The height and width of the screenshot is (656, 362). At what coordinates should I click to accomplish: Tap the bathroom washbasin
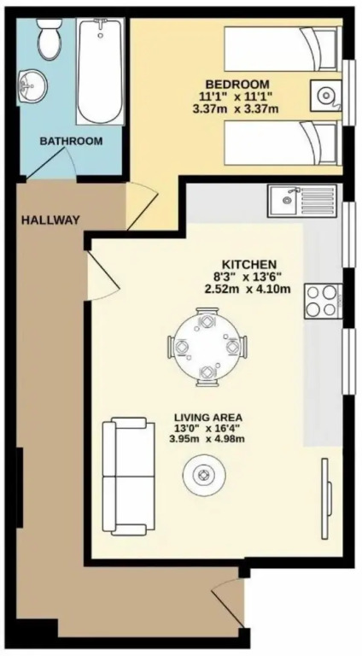33,85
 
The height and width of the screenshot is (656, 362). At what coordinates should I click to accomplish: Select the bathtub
100,71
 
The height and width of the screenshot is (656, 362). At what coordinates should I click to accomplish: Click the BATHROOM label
71,141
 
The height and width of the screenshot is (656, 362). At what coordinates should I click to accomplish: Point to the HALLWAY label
50,220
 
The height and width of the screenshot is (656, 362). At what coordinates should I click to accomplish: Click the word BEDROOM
237,84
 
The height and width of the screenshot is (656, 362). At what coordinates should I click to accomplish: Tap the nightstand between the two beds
326,96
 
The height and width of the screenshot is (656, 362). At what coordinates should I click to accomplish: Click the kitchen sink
302,201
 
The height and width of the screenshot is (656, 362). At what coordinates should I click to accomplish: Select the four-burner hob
324,302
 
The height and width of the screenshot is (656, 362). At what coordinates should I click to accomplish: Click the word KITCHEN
249,265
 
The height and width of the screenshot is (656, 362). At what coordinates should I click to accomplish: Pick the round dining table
207,347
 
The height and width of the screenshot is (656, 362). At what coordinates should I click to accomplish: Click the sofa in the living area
129,476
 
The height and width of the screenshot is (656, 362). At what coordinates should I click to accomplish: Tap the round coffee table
204,475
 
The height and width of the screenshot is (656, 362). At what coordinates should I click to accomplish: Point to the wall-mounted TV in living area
326,499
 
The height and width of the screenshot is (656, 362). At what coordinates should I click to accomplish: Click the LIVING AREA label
208,417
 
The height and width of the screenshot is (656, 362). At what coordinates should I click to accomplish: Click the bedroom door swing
143,206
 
